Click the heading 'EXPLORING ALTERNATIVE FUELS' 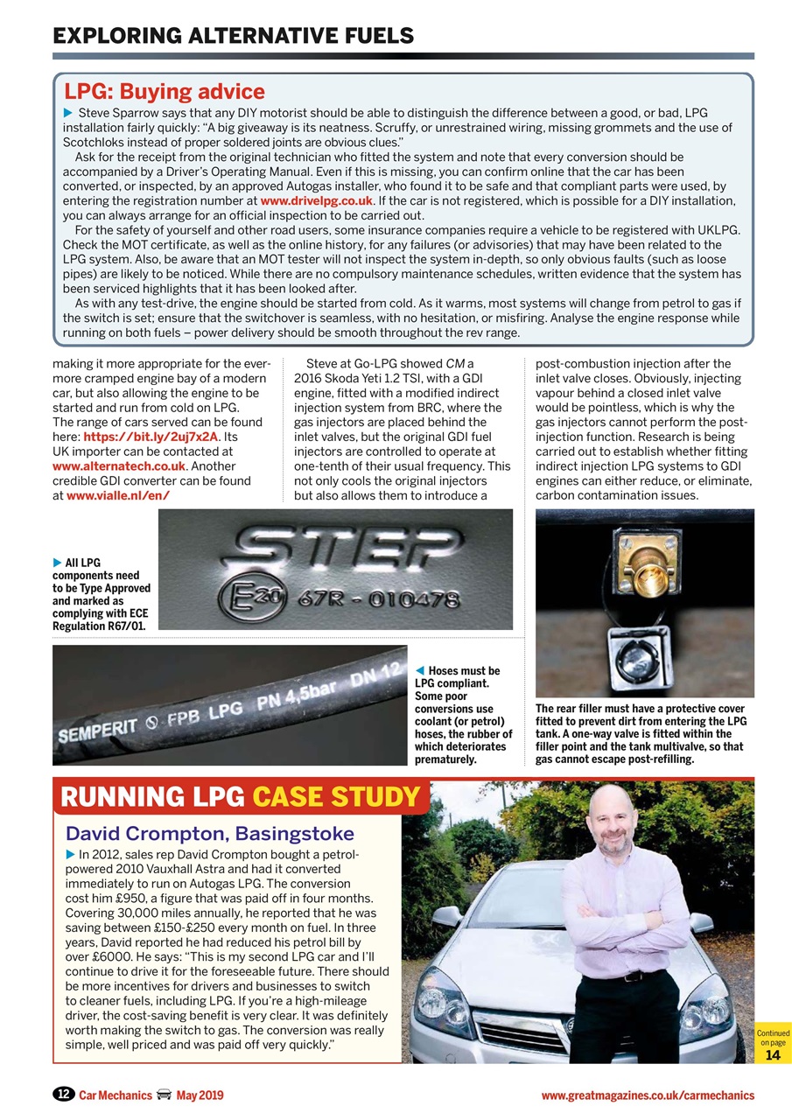[x=233, y=36]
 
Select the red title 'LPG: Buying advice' [x=165, y=92]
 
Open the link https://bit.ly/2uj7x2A [x=150, y=437]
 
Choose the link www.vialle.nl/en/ [x=117, y=496]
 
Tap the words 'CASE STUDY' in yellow [x=336, y=797]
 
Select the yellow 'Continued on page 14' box [x=773, y=1042]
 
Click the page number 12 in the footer [x=63, y=1095]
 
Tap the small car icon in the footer [x=163, y=1095]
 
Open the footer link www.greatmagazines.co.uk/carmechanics [x=647, y=1095]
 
